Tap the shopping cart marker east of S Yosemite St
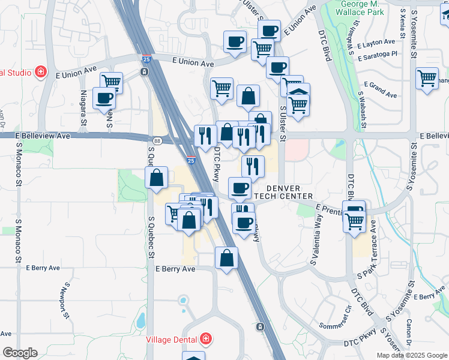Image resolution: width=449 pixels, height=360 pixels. pos(427,78)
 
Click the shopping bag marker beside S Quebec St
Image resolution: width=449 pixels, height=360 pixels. pos(156,178)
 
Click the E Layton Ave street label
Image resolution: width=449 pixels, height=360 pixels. pos(376,43)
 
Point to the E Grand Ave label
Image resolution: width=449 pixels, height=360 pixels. pos(381,90)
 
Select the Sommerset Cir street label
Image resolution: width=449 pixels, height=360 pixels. pos(339,320)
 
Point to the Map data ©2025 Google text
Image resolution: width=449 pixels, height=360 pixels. pos(411,355)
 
